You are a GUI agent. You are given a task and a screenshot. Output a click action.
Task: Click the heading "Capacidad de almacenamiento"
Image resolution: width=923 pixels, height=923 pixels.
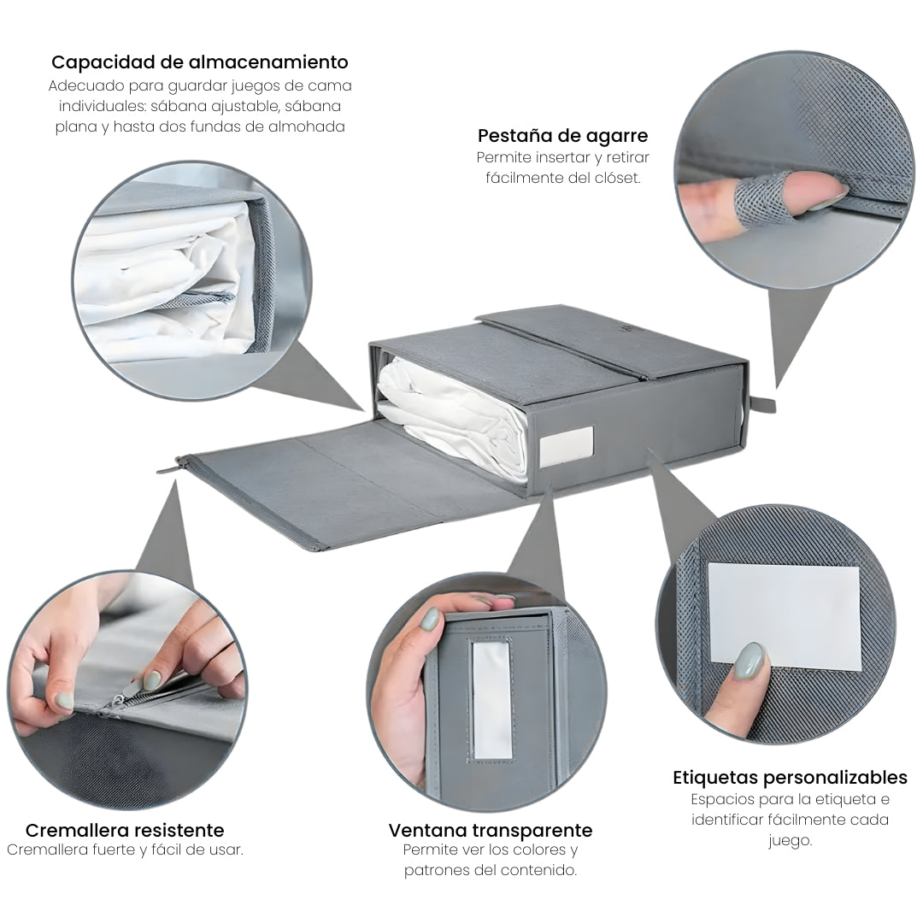pos(199,62)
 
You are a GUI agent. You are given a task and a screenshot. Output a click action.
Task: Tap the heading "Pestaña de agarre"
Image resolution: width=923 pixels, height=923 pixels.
pos(562,136)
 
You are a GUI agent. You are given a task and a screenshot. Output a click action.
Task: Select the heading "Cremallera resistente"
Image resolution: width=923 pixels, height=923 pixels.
pos(125,830)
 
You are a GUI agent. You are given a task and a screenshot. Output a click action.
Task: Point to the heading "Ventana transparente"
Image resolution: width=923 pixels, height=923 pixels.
pos(491,830)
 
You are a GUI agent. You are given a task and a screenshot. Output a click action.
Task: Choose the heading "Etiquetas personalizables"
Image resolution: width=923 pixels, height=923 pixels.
pos(790,778)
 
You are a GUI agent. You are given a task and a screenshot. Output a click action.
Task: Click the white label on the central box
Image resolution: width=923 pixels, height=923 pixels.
pos(567,445)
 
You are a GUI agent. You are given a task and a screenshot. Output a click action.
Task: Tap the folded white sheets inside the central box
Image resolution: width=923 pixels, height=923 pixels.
pos(453,418)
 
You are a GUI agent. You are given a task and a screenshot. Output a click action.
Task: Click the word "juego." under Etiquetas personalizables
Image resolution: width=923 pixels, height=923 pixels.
pos(790,841)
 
